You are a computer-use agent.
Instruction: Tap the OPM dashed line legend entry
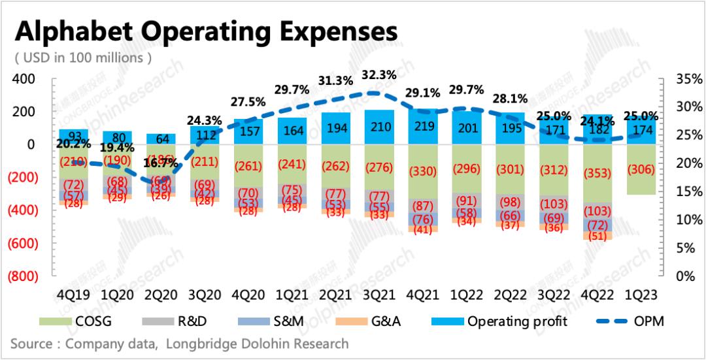click(631, 321)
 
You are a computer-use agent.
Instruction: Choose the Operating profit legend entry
click(497, 321)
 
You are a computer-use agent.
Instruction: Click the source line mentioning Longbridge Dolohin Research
click(180, 343)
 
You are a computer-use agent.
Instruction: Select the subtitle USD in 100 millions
click(84, 57)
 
